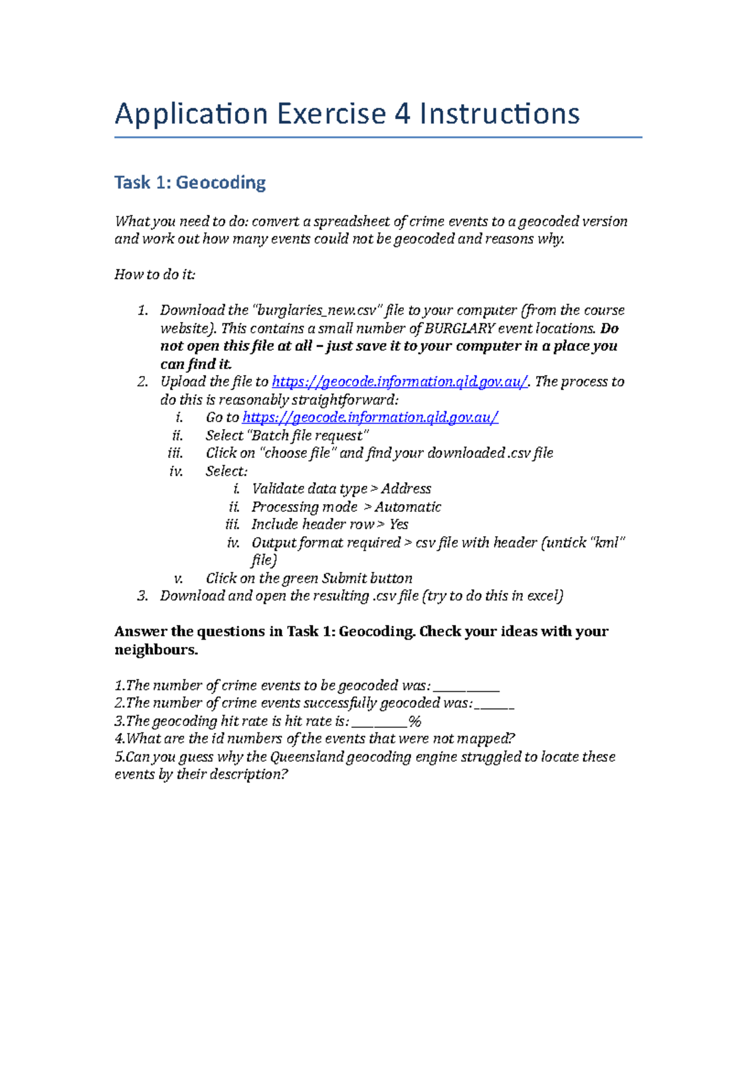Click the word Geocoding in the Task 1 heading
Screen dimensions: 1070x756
[220, 183]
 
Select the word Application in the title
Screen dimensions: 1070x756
[192, 115]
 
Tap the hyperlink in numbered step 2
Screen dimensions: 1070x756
[399, 382]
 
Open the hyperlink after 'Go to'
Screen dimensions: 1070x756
[370, 418]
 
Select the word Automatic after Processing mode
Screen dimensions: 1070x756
[408, 507]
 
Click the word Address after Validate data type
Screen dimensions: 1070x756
[406, 489]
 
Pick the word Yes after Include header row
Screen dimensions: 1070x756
[399, 525]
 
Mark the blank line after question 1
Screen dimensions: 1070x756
[467, 687]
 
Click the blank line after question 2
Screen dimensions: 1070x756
[495, 705]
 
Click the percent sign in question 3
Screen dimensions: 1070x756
[415, 722]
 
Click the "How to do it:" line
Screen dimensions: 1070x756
[155, 275]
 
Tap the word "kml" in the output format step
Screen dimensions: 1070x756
[607, 543]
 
